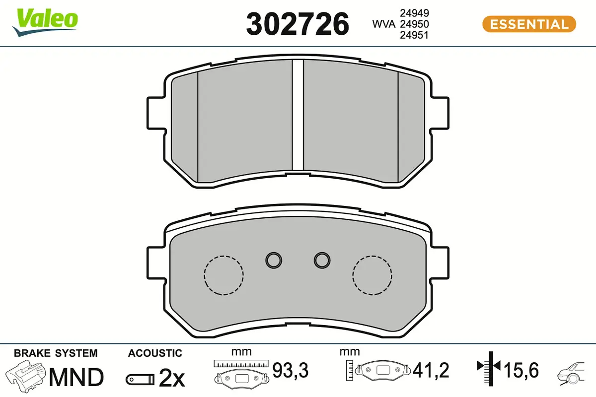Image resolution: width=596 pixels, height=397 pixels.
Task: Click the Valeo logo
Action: (45, 22)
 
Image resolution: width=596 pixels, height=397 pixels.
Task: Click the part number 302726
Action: (298, 24)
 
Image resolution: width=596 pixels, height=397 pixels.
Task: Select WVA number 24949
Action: (414, 13)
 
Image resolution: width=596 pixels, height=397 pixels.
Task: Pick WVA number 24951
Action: (414, 35)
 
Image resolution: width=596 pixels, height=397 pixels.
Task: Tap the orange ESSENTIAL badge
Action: (529, 24)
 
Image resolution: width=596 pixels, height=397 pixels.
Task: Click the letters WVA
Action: (383, 24)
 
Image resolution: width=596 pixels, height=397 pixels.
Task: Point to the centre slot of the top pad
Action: (298, 115)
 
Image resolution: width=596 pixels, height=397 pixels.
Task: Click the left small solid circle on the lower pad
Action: (274, 260)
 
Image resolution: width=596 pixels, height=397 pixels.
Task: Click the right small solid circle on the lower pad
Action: (322, 260)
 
